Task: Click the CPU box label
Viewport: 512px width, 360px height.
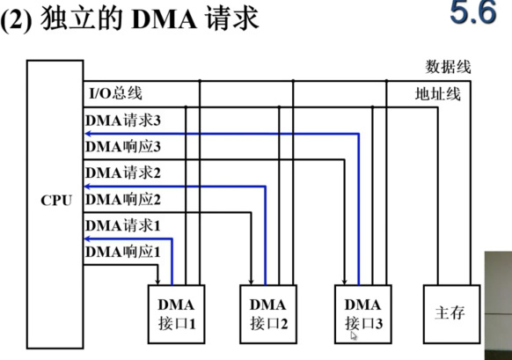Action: tap(56, 200)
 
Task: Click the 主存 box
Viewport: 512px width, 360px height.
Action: tap(450, 313)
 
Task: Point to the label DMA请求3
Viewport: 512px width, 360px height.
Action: tap(123, 118)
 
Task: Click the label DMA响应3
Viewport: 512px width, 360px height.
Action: tap(123, 145)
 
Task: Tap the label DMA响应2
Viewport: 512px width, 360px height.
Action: tap(123, 199)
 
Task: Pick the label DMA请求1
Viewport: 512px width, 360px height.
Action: tap(123, 225)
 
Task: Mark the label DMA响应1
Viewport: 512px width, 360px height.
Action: tap(123, 253)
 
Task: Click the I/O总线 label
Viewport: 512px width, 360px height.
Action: tap(115, 93)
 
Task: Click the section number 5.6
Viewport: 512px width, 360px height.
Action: tap(473, 14)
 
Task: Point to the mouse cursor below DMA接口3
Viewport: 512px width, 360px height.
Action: tap(354, 335)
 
